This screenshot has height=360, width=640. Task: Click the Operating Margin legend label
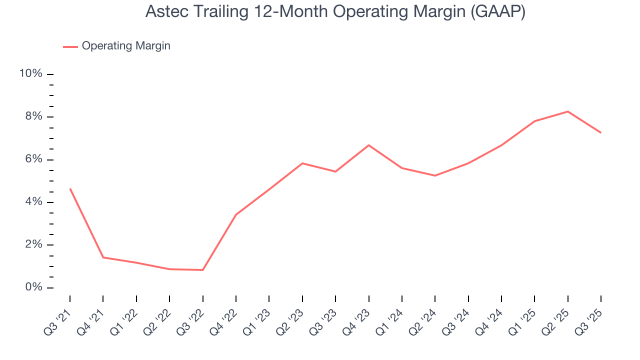126,46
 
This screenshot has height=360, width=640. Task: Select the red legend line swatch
70,46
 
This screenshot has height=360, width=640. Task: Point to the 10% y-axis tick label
30,74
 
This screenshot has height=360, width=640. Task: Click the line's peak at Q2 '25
568,111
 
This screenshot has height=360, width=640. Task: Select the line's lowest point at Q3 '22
202,270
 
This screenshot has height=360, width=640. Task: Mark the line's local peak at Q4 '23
368,145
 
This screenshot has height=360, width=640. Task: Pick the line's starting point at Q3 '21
70,188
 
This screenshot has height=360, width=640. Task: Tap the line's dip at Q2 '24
435,175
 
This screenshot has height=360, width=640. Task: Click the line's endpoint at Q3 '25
600,132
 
